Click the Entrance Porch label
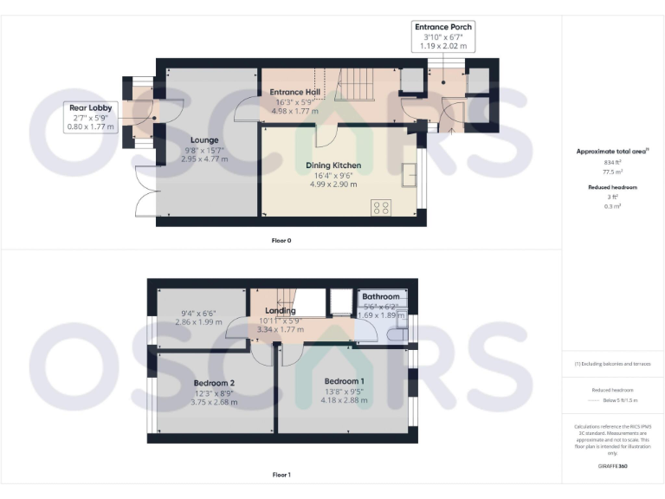443,27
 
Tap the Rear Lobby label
88,107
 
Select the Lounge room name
204,139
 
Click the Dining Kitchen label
333,165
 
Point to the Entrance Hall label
295,91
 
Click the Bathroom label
380,296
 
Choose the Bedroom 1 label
345,381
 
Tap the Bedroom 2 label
215,383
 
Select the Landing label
281,310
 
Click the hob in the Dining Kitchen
382,207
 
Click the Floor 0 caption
281,240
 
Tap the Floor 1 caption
281,475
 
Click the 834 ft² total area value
612,162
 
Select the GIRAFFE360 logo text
612,467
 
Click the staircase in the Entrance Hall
355,84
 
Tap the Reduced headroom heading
612,187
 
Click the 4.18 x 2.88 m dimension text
345,400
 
